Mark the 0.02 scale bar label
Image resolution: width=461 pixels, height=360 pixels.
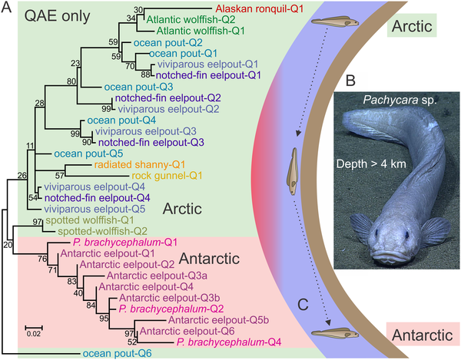tap(32, 333)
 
